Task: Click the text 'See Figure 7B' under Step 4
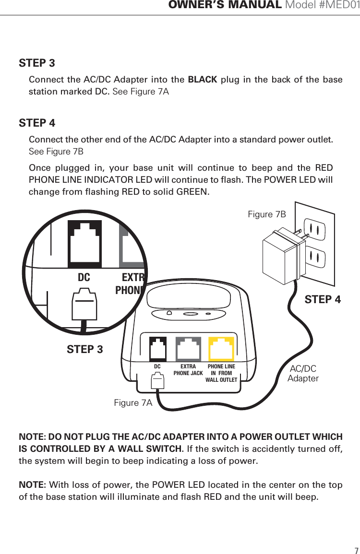[56, 152]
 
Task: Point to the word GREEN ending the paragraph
[192, 192]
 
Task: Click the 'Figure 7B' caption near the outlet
[266, 214]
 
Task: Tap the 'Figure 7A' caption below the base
[133, 403]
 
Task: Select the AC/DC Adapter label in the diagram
[303, 373]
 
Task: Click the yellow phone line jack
[221, 349]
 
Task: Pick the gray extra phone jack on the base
[188, 349]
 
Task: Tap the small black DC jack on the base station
[157, 349]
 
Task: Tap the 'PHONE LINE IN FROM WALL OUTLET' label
[221, 373]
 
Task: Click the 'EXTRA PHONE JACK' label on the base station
[188, 370]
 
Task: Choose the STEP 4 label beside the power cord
[323, 300]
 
